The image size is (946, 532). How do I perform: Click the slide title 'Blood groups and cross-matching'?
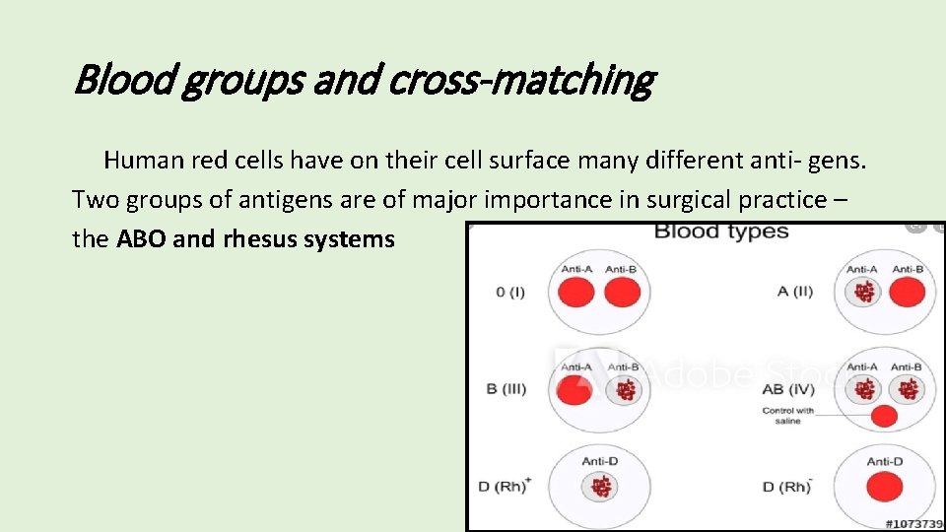point(363,80)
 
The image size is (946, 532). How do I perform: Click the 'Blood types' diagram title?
point(721,233)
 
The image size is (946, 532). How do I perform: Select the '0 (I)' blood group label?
point(510,293)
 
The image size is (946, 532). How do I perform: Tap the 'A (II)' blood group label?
point(795,292)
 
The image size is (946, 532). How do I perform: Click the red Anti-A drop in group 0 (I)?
point(575,293)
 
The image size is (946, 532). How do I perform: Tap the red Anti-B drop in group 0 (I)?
point(621,293)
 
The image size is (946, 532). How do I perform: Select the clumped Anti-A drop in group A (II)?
point(863,292)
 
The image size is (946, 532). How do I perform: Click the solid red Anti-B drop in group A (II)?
point(907,292)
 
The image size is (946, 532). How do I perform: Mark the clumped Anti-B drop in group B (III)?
point(623,390)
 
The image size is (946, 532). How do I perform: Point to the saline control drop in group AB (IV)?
point(884,416)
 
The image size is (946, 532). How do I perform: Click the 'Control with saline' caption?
point(788,416)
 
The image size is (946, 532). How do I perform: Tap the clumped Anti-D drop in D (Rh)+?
point(600,487)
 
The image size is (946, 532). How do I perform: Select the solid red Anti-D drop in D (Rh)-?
point(884,487)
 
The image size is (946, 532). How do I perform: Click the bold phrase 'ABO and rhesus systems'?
point(255,239)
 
